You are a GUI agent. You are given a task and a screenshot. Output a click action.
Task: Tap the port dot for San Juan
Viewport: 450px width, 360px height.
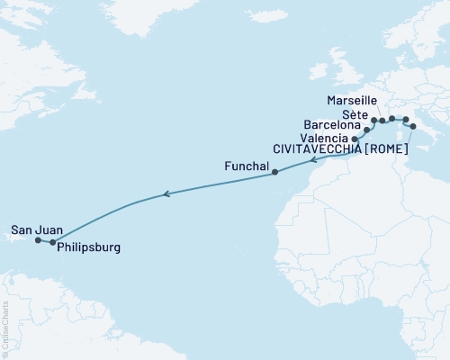[x=38, y=240]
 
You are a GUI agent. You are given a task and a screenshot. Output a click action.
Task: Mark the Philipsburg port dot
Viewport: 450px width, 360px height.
[x=53, y=242]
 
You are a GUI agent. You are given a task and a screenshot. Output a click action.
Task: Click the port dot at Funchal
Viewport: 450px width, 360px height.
[x=274, y=173]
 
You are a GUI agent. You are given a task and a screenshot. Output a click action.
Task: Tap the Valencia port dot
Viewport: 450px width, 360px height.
[x=355, y=139]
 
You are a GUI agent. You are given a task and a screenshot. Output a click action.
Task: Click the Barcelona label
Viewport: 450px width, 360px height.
[x=332, y=124]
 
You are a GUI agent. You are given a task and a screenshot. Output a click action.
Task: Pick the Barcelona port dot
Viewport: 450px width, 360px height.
[x=366, y=130]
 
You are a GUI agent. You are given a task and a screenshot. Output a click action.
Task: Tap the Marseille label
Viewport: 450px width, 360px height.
[x=353, y=101]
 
